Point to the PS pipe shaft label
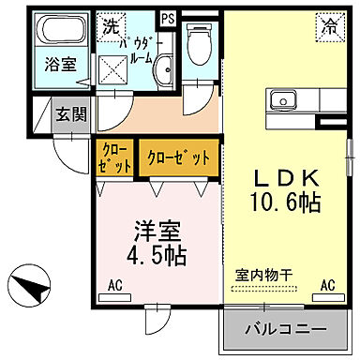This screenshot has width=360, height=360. coord(168,18)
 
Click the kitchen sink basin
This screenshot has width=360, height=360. coord(282,99)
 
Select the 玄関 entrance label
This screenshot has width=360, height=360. coord(69,114)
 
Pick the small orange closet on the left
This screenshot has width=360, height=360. coord(114,157)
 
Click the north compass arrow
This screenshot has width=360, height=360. coord(33,284)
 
